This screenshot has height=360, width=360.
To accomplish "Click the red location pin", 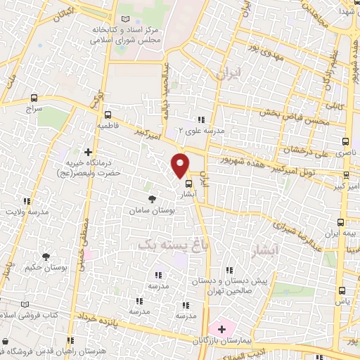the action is tap(181, 164).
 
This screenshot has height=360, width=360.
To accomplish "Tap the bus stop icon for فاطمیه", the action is tap(108, 115).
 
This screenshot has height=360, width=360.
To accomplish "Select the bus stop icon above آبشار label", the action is tap(188, 186).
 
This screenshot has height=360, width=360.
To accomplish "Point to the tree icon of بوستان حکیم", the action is tap(46, 257).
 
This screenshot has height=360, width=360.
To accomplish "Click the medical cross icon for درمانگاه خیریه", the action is tap(88, 152).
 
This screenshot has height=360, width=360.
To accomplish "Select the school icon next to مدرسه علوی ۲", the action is tap(201, 120).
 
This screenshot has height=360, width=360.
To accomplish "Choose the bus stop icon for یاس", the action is tap(342, 290).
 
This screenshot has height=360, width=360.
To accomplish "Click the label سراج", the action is tap(34, 110).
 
